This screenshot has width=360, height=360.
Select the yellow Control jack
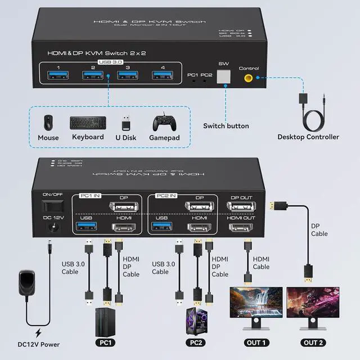pos(248,79)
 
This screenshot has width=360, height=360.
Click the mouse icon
pos(48,122)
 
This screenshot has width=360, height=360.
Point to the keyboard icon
pos(88,121)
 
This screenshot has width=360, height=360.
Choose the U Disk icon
pos(127,122)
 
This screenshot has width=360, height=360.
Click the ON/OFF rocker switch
pos(53,205)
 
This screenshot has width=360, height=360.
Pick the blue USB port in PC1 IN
pos(85,227)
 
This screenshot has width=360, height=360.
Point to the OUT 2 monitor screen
pos(309,303)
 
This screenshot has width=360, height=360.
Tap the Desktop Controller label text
pos(308,137)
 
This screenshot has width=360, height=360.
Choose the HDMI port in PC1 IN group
pos(124,227)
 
